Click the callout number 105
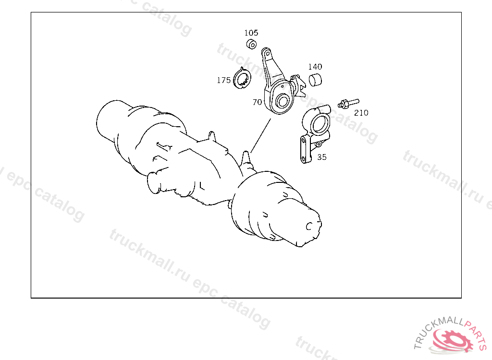coord(251,33)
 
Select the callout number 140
coord(315,67)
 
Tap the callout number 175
coord(224,80)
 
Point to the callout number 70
coord(257,102)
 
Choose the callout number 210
coord(361,113)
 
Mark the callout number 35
coord(321,157)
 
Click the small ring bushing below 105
coord(251,44)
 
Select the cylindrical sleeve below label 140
coord(315,80)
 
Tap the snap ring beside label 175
coord(242,78)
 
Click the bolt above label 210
coord(348,103)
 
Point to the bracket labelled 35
coord(314,133)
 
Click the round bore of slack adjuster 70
coord(282,101)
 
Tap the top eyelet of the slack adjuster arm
coord(267,54)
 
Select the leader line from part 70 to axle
coord(261,135)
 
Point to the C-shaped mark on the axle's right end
coord(309,226)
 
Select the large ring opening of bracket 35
coord(319,124)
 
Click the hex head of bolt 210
coord(344,104)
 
